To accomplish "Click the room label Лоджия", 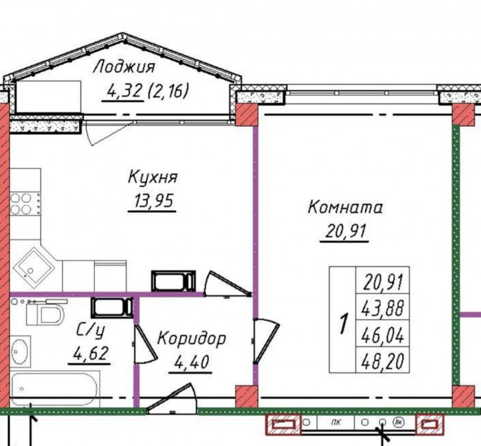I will (x=124, y=67).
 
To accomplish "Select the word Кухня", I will (x=153, y=178).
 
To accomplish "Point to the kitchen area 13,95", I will (x=152, y=201).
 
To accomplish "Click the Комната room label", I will (x=345, y=207).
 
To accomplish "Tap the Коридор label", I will (x=191, y=338).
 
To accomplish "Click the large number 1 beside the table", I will (x=344, y=324).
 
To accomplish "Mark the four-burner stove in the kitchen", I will (x=25, y=203).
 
